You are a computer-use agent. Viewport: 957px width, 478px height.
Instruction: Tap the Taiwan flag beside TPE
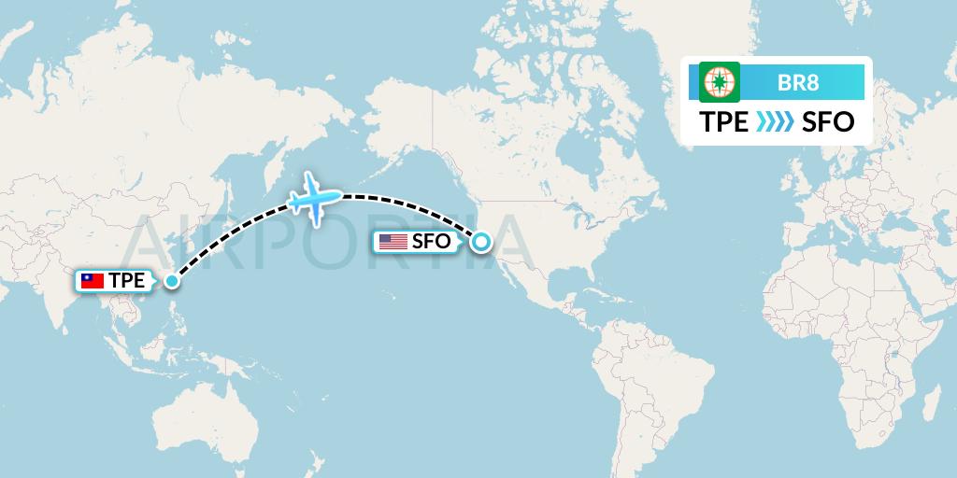92,280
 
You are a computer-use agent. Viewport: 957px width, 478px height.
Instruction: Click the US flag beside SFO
393,242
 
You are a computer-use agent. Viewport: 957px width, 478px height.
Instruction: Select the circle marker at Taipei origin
171,280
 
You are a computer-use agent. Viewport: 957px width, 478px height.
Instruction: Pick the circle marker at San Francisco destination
480,242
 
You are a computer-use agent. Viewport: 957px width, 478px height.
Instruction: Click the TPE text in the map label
126,280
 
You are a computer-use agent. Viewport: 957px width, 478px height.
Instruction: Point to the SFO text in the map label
431,242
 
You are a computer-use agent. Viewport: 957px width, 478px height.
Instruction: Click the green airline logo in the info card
720,81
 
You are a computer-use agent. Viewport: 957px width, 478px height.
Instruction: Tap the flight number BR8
798,82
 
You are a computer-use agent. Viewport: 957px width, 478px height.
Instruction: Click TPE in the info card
724,122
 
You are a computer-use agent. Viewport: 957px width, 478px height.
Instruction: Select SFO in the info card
828,122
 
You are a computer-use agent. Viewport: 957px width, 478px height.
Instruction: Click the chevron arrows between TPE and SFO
775,122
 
